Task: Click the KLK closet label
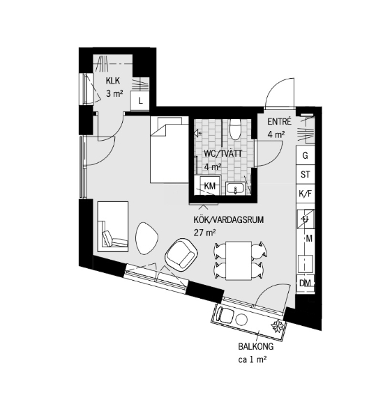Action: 113,81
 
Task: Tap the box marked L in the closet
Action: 140,100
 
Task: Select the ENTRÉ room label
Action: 279,121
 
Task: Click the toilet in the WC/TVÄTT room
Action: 235,129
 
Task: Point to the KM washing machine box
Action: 210,185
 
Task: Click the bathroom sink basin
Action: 235,188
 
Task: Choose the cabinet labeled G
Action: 306,155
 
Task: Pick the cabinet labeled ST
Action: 306,175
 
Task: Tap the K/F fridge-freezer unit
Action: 306,194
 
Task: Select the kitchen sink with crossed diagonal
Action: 306,219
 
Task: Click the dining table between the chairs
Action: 239,261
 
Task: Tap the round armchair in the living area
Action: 181,254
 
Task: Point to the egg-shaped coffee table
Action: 146,238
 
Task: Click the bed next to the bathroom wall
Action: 170,150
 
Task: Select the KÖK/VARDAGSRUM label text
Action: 228,220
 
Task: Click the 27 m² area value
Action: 204,233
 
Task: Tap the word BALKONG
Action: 256,347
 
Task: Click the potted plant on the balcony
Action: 277,326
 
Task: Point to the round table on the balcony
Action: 242,320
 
